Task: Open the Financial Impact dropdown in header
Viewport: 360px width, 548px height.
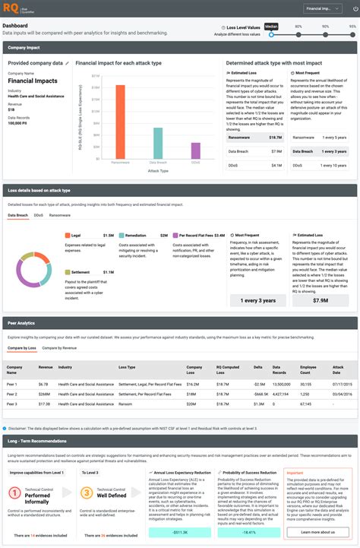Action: pos(318,9)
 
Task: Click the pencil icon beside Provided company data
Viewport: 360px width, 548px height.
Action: pos(67,63)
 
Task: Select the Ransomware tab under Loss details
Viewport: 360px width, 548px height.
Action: pos(59,216)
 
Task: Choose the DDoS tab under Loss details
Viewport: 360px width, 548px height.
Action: pos(37,216)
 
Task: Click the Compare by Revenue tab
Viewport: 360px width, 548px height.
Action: pos(59,347)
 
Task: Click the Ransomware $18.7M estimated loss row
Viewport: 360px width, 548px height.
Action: pos(255,138)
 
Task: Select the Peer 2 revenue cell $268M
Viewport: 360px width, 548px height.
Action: pos(44,394)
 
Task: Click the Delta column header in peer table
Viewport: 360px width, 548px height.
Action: pos(259,367)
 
